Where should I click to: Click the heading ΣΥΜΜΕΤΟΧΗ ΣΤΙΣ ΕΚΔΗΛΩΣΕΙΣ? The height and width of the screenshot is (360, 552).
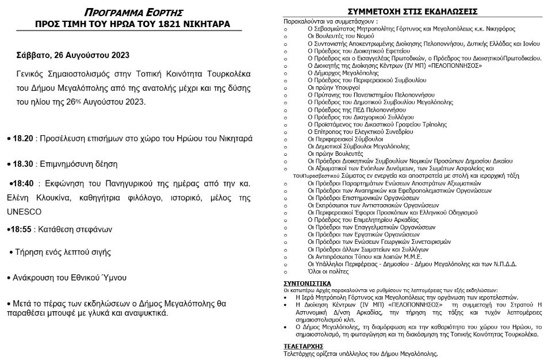(x=409, y=11)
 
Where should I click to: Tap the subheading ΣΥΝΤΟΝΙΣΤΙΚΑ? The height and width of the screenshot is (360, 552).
(x=308, y=284)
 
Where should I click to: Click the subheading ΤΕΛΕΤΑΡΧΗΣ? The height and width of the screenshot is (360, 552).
(x=304, y=347)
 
